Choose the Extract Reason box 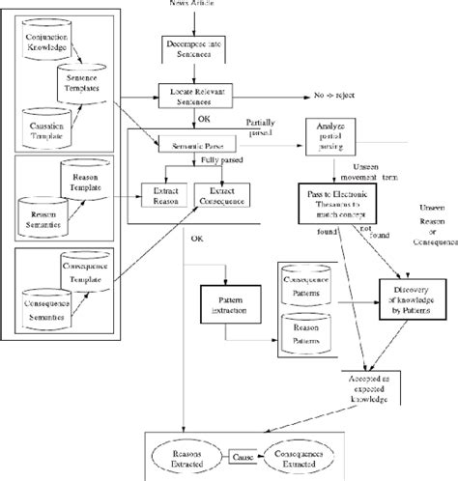click(x=163, y=191)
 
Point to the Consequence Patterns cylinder click(x=309, y=286)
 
